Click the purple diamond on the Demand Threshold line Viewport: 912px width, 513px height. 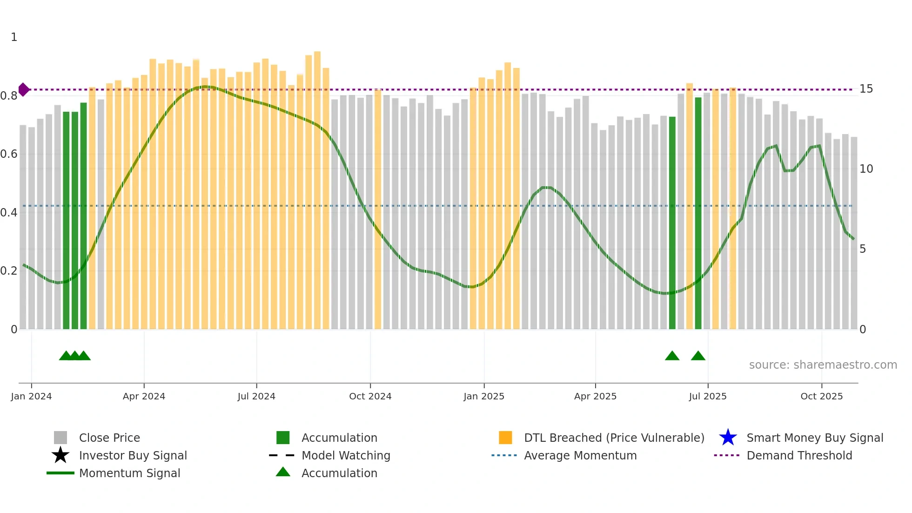pos(24,89)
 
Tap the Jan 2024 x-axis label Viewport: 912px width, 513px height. pos(31,396)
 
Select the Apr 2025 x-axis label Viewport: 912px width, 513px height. pos(595,396)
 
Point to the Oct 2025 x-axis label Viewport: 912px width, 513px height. pos(821,396)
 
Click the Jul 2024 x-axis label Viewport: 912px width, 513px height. pos(256,396)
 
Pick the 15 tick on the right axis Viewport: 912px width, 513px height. pos(866,89)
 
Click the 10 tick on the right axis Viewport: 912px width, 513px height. pos(866,169)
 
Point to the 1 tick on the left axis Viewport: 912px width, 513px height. pos(14,37)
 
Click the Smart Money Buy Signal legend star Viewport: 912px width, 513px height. pos(728,438)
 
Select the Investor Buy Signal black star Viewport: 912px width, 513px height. pos(60,455)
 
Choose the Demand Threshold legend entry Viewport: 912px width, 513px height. pos(799,455)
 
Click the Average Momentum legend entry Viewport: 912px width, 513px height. pos(580,455)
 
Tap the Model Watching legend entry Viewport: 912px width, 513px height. pos(345,455)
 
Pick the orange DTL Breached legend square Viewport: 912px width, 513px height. pos(505,438)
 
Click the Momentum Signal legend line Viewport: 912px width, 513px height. pos(60,473)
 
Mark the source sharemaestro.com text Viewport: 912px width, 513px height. pos(823,365)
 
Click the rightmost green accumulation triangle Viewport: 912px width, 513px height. pos(698,356)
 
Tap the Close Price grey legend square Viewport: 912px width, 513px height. pos(60,438)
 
